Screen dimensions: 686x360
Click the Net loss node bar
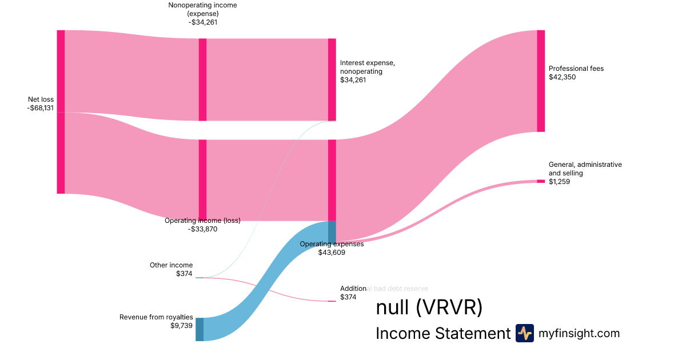61,111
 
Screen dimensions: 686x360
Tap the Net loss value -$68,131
40,108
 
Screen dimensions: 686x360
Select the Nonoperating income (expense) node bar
202,79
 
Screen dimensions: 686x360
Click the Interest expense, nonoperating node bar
332,79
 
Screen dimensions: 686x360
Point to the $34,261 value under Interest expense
353,80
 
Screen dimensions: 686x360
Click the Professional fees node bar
541,81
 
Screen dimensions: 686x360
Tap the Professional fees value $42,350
563,77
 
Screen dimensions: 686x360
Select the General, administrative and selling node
541,181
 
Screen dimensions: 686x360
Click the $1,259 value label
559,182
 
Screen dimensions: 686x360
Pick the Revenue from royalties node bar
200,329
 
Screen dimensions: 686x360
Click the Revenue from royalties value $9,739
182,326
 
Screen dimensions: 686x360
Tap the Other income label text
171,265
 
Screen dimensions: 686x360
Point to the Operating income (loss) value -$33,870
202,229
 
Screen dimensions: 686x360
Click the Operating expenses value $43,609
332,252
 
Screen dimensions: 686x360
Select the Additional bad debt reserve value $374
348,297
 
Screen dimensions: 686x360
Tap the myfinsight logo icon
524,333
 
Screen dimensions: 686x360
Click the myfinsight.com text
579,333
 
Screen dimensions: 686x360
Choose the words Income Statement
442,334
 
